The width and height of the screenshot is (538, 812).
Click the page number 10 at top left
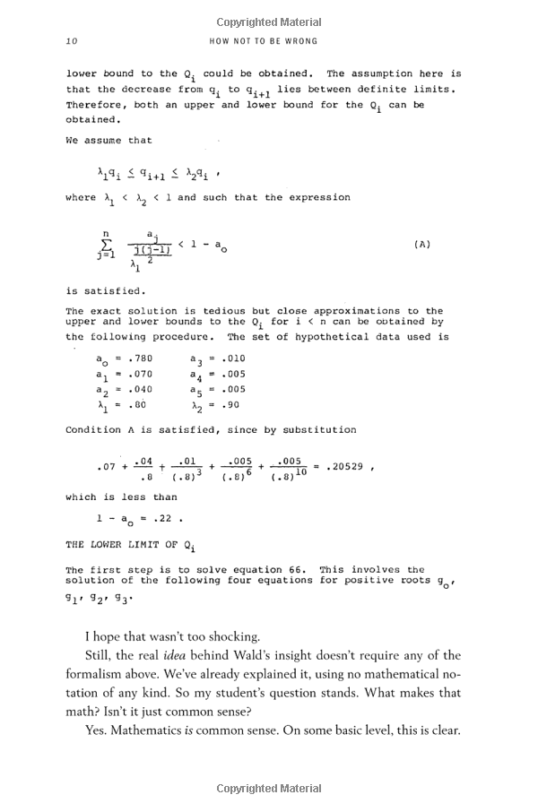[72, 41]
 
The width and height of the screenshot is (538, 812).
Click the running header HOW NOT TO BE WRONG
[263, 41]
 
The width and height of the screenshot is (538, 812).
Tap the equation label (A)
[422, 244]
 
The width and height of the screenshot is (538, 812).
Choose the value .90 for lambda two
[229, 405]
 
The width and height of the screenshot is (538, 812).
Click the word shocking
[221, 637]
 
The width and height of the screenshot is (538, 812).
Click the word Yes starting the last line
[96, 730]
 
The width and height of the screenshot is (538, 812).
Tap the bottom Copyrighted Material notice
[269, 789]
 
